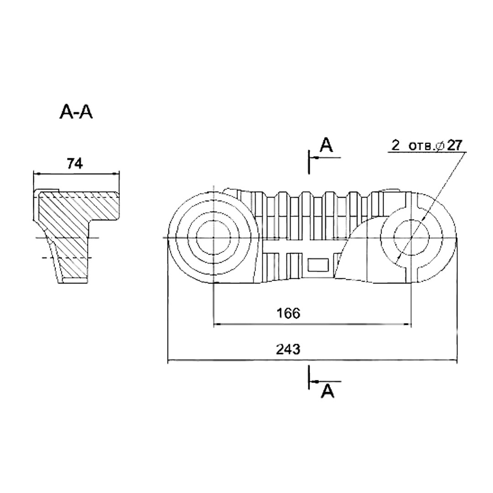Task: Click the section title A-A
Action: click(x=76, y=112)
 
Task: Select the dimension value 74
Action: click(x=75, y=164)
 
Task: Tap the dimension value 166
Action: click(x=288, y=313)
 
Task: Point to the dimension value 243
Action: click(x=288, y=349)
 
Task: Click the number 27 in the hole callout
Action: click(x=455, y=145)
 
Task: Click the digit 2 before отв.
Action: click(x=395, y=145)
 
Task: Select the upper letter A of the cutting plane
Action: click(x=326, y=145)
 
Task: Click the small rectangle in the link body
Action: click(x=318, y=265)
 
